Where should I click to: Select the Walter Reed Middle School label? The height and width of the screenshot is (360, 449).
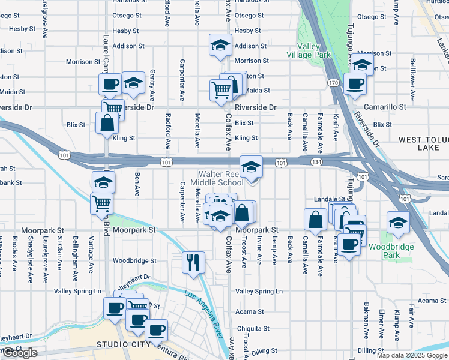(217, 178)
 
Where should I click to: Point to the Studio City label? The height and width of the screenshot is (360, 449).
(119, 344)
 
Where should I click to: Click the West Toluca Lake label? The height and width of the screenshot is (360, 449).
(423, 143)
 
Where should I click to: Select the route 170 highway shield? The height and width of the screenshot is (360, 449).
(333, 82)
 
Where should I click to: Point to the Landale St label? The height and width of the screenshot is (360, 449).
(328, 199)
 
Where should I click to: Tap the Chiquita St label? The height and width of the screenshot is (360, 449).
(252, 329)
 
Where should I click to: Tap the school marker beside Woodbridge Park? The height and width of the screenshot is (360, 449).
(397, 222)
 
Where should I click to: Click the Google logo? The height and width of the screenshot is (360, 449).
(20, 353)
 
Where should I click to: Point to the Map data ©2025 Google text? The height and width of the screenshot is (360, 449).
(412, 355)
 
